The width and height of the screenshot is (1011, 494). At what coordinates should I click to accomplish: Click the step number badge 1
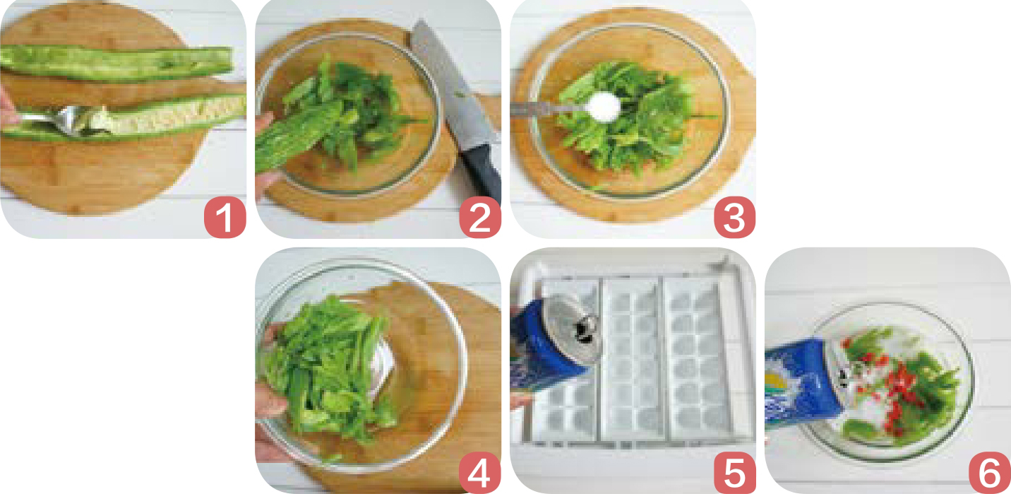coord(225,217)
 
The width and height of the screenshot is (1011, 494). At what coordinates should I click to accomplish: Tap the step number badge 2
coord(480,217)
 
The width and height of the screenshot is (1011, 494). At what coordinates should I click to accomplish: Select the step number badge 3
coord(735,217)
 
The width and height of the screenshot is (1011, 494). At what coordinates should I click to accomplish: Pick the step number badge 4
coord(480,472)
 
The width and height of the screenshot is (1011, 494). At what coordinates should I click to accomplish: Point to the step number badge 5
coord(735,472)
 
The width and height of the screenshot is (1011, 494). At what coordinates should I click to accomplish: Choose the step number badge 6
coord(990,472)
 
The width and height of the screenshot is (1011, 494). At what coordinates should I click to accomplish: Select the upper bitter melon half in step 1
coord(116,64)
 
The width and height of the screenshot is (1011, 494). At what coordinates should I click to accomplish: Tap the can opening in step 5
coord(585,329)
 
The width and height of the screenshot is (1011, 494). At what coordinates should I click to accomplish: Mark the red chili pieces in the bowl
coord(892,384)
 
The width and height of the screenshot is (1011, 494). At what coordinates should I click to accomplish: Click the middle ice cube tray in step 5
coord(633,357)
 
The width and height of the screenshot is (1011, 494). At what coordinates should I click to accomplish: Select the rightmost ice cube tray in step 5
coord(698,357)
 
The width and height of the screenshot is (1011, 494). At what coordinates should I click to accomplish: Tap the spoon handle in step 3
coord(549,109)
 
